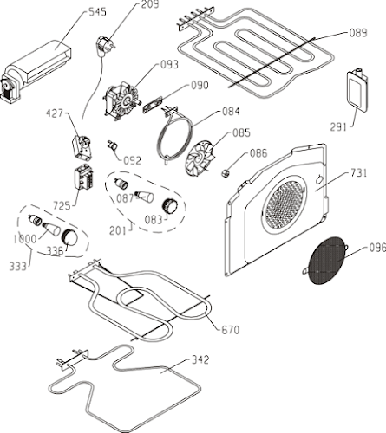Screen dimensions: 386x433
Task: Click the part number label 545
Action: click(97, 12)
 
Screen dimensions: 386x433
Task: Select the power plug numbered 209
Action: click(104, 46)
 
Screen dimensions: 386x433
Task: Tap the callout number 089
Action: click(358, 33)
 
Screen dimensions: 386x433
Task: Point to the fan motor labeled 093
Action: click(121, 100)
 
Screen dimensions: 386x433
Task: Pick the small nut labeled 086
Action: click(225, 173)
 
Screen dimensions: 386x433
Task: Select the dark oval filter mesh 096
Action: click(326, 261)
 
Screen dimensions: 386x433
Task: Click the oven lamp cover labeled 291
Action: click(357, 89)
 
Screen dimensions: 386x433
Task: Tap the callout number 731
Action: click(358, 173)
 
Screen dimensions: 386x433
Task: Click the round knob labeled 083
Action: click(170, 206)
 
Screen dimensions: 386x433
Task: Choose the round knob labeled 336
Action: click(70, 237)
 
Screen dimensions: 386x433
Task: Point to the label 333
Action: click(18, 266)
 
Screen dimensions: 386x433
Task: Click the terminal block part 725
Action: click(84, 177)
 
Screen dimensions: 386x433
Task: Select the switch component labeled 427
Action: click(82, 147)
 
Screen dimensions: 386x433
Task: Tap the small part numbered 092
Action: click(112, 145)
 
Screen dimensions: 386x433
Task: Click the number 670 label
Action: click(231, 330)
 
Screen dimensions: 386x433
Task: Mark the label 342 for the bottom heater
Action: click(200, 359)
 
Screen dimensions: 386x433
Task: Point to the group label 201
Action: click(118, 230)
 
